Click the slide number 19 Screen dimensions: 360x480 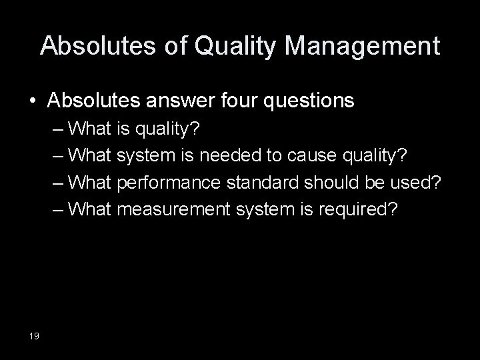pyautogui.click(x=35, y=335)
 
